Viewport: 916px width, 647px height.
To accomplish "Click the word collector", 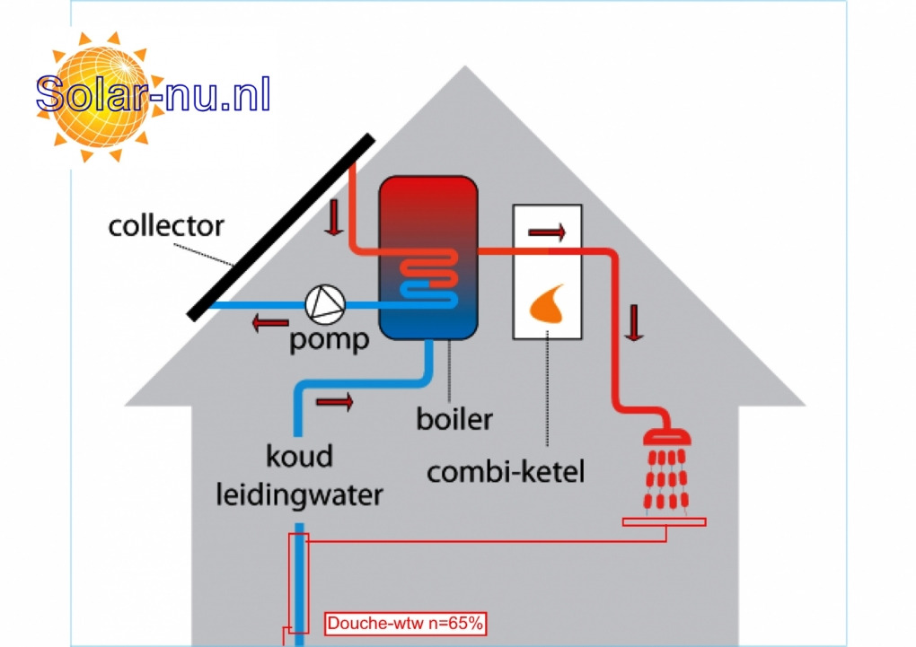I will click(x=166, y=225).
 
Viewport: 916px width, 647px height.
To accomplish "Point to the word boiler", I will click(x=454, y=418).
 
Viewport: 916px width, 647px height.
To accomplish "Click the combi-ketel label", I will click(x=506, y=471).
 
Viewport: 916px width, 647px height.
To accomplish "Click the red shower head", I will click(x=666, y=437).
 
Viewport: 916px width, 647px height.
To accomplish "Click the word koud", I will click(x=298, y=456).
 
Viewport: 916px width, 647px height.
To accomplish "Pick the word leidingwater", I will click(x=299, y=494).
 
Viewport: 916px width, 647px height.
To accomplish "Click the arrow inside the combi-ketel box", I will click(x=547, y=233).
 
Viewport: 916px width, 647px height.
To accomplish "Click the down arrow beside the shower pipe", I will click(x=635, y=322).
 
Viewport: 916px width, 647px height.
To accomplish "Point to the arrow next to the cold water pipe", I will click(x=335, y=402).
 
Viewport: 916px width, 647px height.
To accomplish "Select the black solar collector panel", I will click(x=280, y=225).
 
